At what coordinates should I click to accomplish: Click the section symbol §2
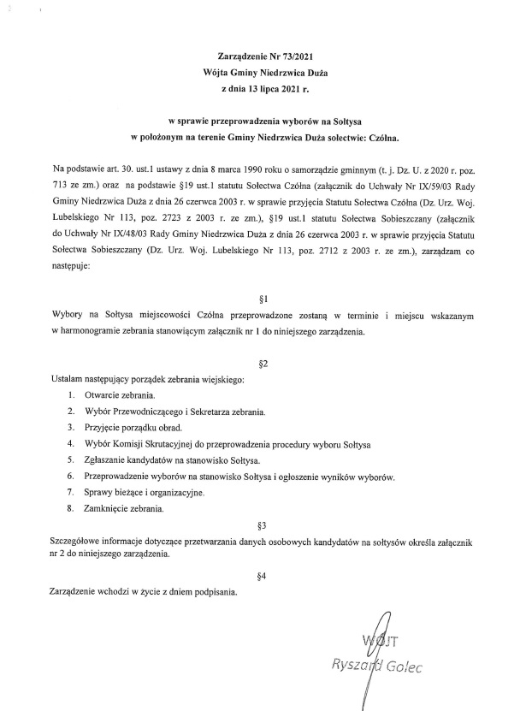click(263, 364)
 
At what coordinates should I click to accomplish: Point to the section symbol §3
click(263, 523)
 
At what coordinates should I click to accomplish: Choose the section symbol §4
click(263, 576)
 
